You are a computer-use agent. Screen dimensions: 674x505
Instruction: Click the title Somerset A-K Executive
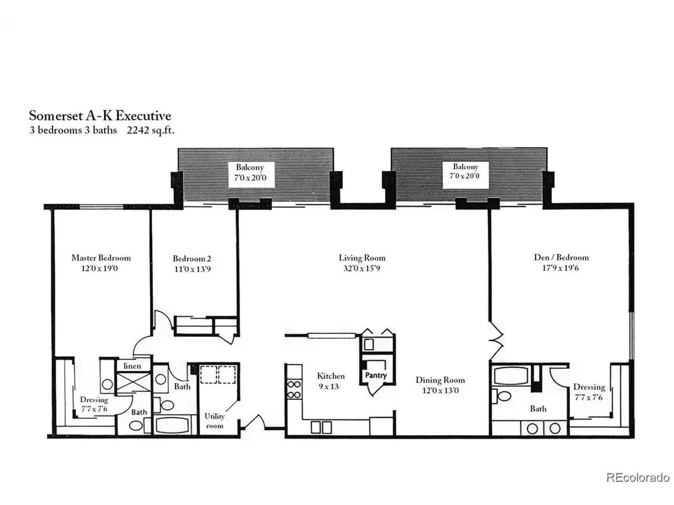[100, 116]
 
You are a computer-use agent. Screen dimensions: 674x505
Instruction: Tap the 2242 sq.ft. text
[151, 130]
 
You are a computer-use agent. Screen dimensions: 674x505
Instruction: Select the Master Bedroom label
[101, 258]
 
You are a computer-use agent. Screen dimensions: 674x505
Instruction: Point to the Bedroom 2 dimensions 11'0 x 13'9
[192, 269]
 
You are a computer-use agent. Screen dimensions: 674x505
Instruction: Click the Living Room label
[362, 258]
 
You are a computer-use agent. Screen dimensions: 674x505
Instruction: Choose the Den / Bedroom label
[561, 257]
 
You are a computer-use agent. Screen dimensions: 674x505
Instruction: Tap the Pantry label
[376, 375]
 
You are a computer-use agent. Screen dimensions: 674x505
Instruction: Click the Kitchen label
[330, 375]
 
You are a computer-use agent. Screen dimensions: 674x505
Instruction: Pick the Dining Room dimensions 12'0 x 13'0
[440, 391]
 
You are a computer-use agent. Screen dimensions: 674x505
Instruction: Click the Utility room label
[215, 421]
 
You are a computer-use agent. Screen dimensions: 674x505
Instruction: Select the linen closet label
[132, 366]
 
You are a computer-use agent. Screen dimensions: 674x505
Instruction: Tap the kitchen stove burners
[294, 389]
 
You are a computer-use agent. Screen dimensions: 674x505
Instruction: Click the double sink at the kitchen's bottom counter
[321, 427]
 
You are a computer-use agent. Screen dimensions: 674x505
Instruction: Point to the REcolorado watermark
[637, 477]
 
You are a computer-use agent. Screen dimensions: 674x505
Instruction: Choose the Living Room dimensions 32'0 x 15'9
[362, 268]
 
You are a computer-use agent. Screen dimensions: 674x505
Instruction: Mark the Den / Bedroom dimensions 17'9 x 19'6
[561, 268]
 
